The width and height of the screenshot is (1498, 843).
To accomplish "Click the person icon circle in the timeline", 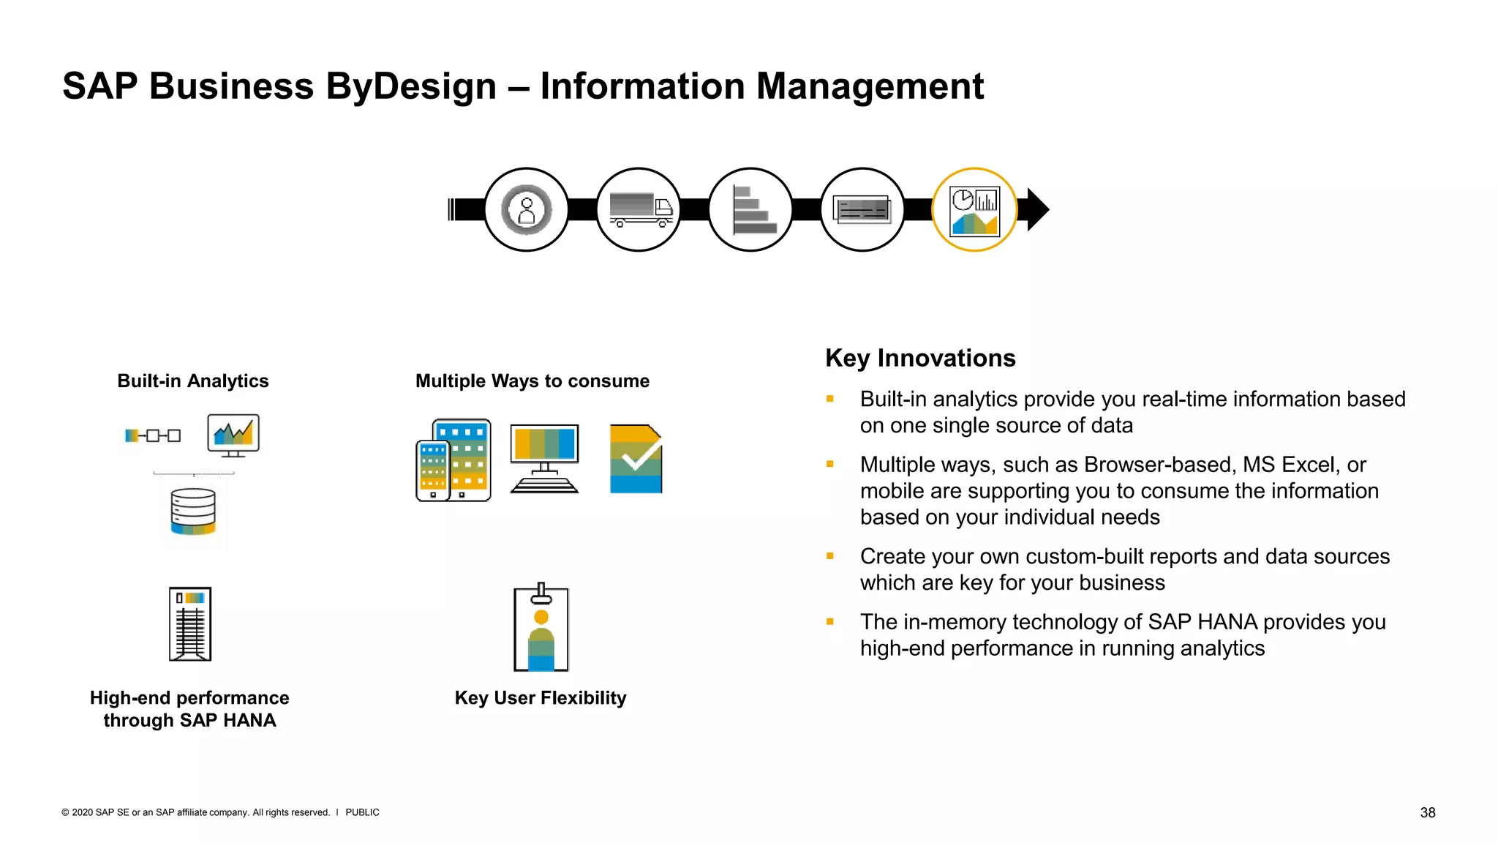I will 527,210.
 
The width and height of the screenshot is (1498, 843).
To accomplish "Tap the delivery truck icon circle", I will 639,210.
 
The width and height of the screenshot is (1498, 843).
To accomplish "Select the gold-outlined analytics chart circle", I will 974,210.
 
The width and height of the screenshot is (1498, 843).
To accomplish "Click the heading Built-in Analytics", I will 193,381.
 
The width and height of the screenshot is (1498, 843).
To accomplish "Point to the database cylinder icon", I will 193,512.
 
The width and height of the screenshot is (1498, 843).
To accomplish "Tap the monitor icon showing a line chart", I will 233,435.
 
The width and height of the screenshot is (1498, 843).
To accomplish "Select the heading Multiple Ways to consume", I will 532,381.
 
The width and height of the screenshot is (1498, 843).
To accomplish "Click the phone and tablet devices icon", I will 453,460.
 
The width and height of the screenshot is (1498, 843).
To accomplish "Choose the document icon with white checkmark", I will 636,459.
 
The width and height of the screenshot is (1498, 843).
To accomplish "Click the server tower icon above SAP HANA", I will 190,624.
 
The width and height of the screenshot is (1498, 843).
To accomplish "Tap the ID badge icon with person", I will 541,628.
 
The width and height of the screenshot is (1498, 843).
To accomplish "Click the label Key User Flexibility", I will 541,698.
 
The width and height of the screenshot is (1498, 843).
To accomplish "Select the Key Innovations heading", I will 920,359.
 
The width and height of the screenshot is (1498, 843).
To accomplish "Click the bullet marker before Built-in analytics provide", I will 830,399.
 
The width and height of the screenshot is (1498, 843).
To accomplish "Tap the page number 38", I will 1427,812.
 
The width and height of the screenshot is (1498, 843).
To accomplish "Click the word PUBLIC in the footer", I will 362,812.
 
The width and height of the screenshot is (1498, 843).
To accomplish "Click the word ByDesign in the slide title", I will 411,86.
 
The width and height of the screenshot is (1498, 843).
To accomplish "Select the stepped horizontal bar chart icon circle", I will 750,210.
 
